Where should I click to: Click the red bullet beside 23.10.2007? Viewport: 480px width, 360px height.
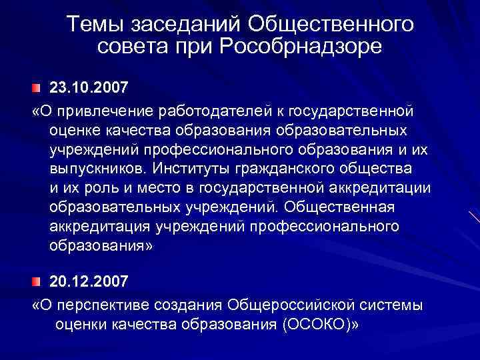coord(37,89)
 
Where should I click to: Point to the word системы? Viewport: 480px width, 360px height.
coord(393,305)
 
